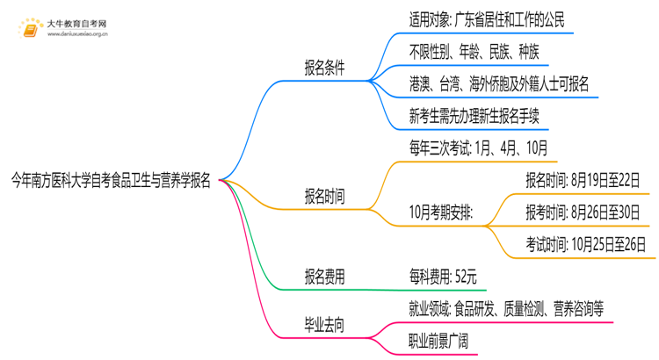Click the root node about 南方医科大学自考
point(111,182)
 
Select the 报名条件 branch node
point(324,68)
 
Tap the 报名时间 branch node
point(324,196)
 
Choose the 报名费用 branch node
point(324,277)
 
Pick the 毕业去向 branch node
point(324,325)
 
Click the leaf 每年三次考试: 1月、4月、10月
point(478,147)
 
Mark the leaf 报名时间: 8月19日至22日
point(582,180)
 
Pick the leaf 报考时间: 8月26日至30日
point(582,212)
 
